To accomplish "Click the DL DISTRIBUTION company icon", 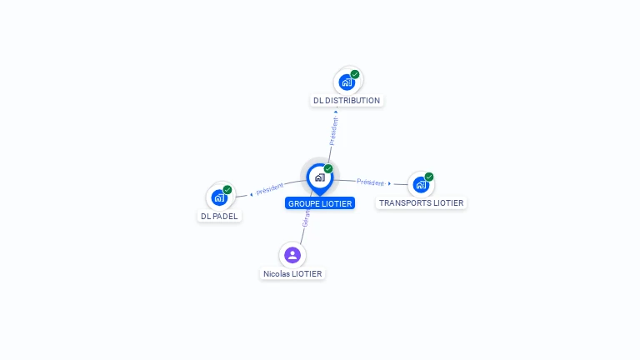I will tap(347, 82).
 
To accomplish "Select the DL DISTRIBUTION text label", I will tap(347, 101).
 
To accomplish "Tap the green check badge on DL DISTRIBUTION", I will tap(355, 74).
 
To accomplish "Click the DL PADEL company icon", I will tap(219, 197).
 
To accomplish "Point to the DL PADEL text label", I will tap(219, 216).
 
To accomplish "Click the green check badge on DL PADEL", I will tap(227, 189).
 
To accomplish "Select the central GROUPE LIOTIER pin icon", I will tap(319, 177).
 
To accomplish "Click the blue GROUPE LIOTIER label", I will tap(320, 203).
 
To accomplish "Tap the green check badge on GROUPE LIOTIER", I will tap(328, 168).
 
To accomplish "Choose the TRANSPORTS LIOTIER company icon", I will tap(421, 184).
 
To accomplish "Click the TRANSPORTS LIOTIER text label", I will tap(422, 202).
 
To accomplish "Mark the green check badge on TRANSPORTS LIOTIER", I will tap(429, 177).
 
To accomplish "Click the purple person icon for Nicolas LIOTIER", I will tap(292, 255).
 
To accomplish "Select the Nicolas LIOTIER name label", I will tap(292, 273).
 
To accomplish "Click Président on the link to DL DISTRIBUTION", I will tap(334, 131).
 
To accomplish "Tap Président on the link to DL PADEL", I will tap(270, 189).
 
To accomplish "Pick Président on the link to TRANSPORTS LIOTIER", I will tap(371, 182).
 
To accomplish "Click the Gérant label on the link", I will tap(306, 219).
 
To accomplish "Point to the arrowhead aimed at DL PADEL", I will tap(251, 195).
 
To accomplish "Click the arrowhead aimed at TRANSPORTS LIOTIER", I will tap(389, 183).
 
